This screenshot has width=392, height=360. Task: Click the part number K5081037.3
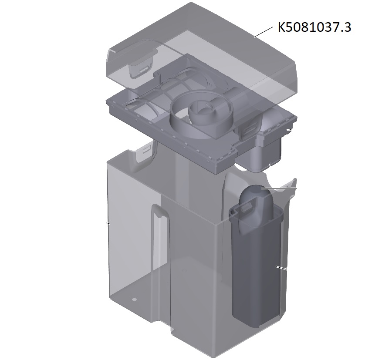point(314,27)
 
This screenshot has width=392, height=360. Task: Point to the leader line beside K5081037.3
point(264,31)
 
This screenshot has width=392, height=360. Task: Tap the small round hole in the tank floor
point(134,299)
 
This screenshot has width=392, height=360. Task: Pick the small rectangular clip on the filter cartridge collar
point(246,206)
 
